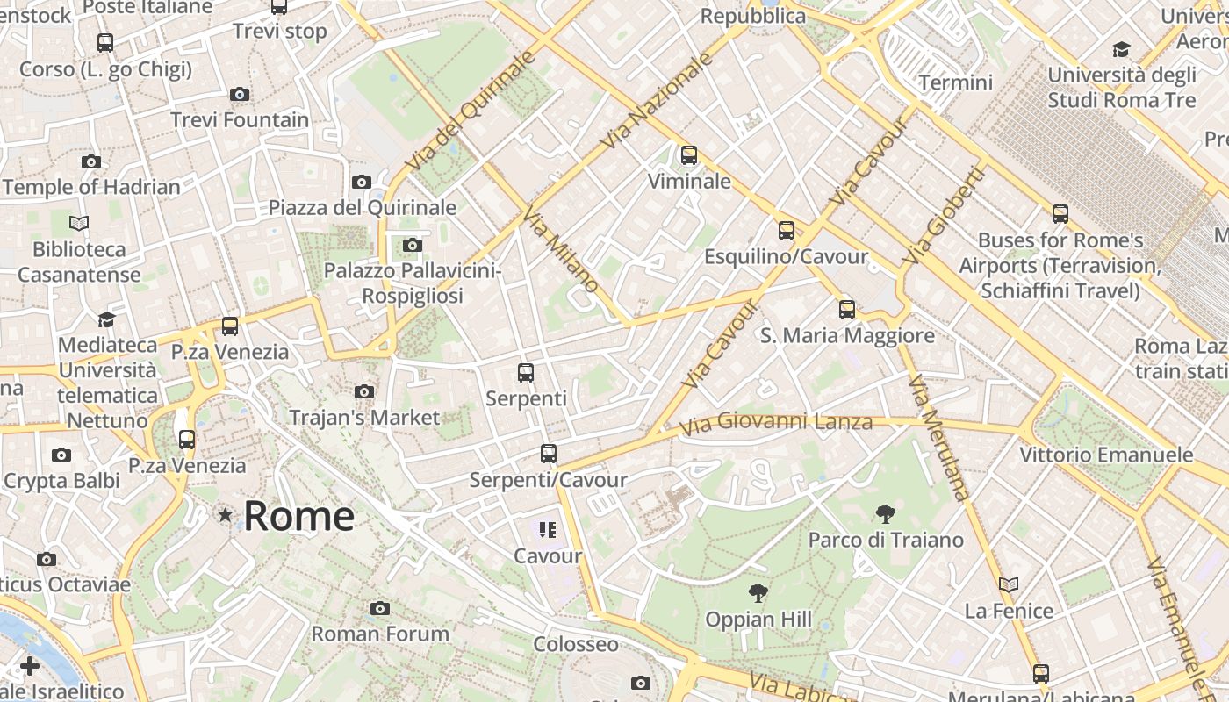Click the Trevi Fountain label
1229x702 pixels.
pyautogui.click(x=240, y=119)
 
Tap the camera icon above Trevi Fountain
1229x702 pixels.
pyautogui.click(x=239, y=94)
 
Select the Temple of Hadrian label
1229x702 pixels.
pyautogui.click(x=91, y=187)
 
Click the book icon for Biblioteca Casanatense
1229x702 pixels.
pyautogui.click(x=79, y=224)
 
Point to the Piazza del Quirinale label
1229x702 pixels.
pyautogui.click(x=363, y=208)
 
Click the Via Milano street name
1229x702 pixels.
pyautogui.click(x=562, y=250)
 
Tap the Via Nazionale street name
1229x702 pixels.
pyautogui.click(x=658, y=100)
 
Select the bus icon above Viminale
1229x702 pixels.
pyautogui.click(x=689, y=155)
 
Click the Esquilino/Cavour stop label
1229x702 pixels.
pyautogui.click(x=787, y=257)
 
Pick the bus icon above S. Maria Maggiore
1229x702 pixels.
pyautogui.click(x=847, y=309)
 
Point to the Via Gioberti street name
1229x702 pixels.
pyautogui.click(x=944, y=216)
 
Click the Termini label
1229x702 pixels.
pyautogui.click(x=955, y=82)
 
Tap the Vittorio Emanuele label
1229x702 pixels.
pyautogui.click(x=1106, y=455)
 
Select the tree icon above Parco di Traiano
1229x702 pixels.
pyautogui.click(x=885, y=514)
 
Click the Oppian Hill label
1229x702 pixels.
pyautogui.click(x=758, y=620)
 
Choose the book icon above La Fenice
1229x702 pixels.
pyautogui.click(x=1009, y=584)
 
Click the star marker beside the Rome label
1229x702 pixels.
pyautogui.click(x=226, y=515)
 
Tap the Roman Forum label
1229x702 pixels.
pyautogui.click(x=380, y=634)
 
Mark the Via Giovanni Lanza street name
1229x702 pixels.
pyautogui.click(x=776, y=423)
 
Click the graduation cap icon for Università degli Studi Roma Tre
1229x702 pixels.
pyautogui.click(x=1121, y=49)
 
